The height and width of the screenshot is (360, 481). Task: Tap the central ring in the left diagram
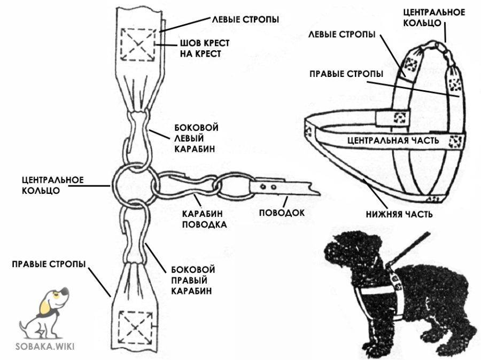tap(131, 184)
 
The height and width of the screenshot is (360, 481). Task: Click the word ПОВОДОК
tap(282, 213)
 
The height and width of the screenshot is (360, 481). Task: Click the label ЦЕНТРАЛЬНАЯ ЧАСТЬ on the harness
tap(393, 140)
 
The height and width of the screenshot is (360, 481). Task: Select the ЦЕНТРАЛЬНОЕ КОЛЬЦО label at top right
tap(433, 17)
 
